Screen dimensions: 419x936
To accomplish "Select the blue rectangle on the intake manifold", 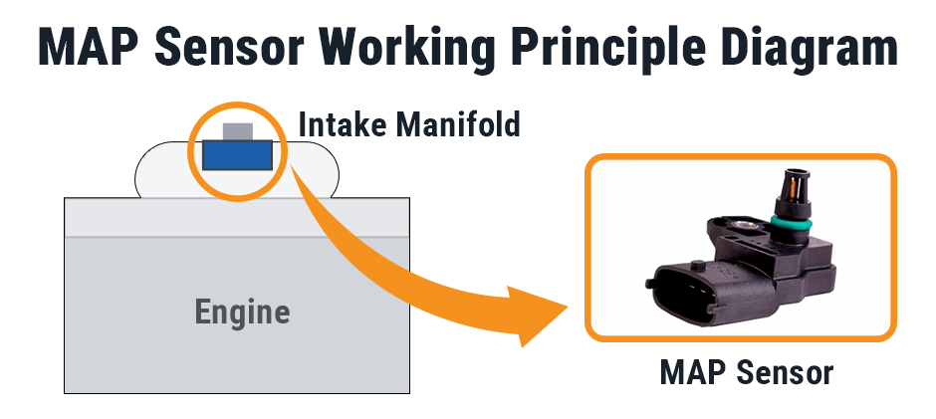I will [x=238, y=155].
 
